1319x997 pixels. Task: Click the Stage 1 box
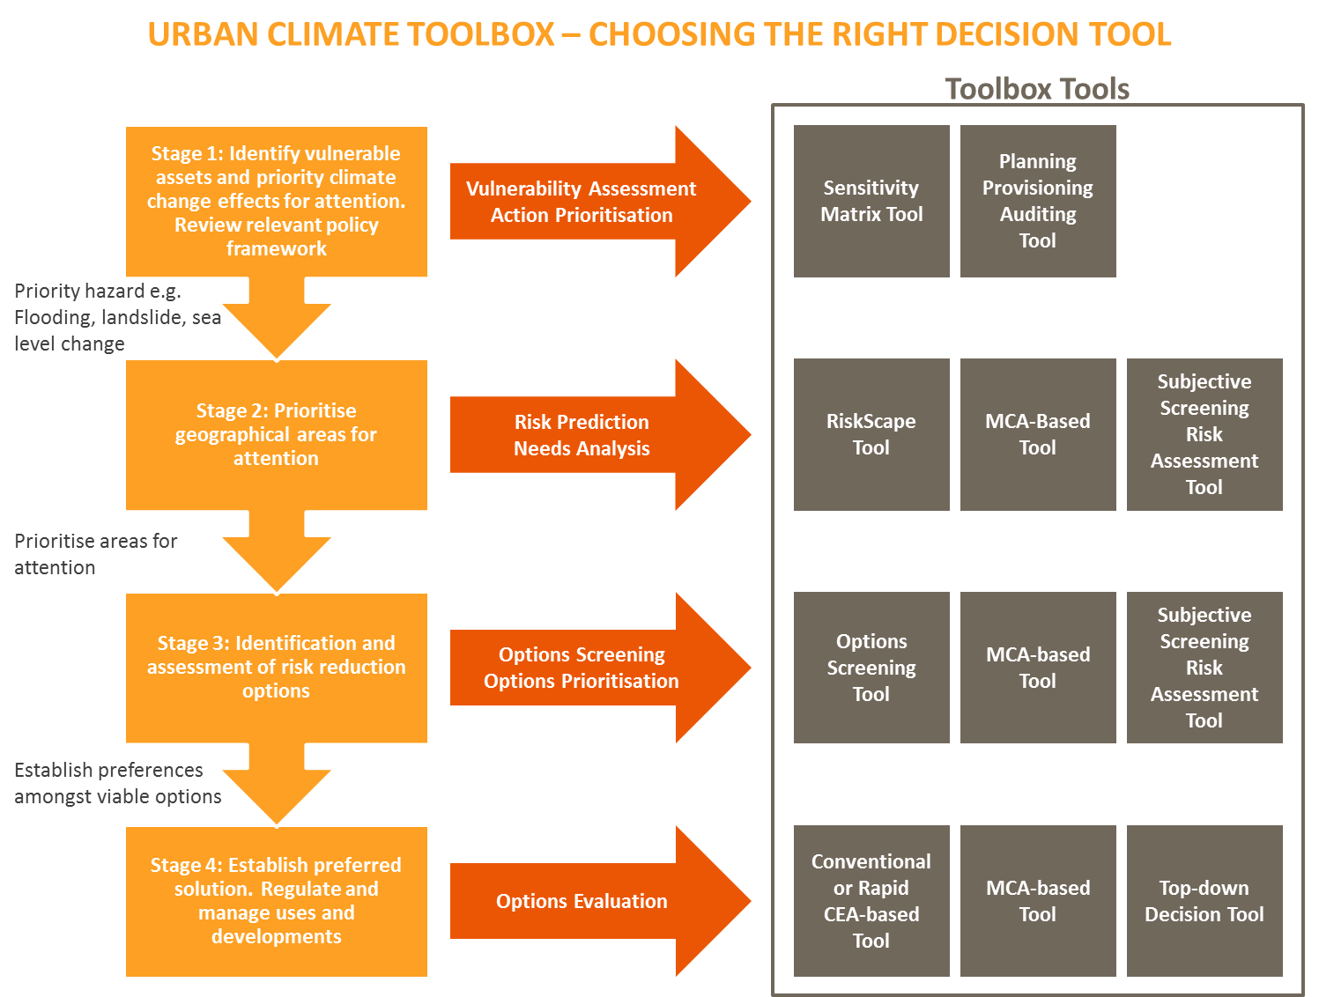tap(276, 202)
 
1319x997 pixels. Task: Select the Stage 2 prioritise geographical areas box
tap(276, 434)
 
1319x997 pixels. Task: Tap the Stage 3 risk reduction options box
tap(276, 668)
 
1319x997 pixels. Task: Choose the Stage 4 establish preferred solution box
tap(276, 901)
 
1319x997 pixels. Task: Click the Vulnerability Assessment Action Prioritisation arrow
tap(582, 202)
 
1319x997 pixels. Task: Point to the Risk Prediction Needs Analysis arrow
tap(582, 435)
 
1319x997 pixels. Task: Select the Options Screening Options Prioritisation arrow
tap(582, 668)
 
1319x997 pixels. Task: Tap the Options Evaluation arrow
tap(582, 901)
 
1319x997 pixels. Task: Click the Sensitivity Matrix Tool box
tap(871, 202)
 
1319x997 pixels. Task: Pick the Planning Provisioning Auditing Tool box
tap(1038, 202)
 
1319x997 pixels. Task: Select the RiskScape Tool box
tap(871, 434)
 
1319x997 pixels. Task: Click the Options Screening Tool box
tap(871, 668)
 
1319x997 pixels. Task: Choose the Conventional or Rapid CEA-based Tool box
tap(871, 901)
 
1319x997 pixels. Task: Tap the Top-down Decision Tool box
tap(1204, 901)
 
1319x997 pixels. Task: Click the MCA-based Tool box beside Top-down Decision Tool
tap(1038, 901)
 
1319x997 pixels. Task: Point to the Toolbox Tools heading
tap(1037, 89)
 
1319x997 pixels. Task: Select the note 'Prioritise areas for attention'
tap(95, 554)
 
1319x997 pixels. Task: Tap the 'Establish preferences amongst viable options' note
tap(117, 783)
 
